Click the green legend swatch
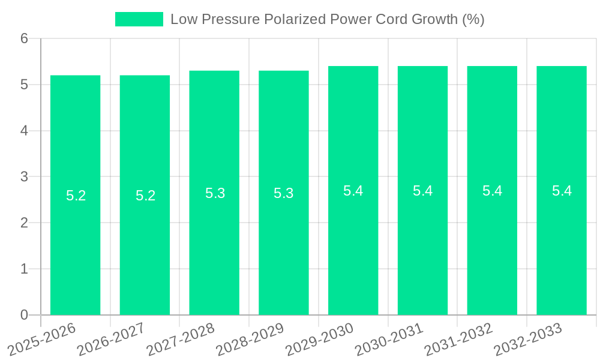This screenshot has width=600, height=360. [x=139, y=19]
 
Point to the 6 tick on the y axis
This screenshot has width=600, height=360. [x=24, y=38]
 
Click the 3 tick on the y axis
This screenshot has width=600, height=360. [x=24, y=176]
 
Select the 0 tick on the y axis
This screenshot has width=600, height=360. [x=24, y=315]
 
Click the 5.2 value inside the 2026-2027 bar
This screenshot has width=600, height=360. [x=145, y=196]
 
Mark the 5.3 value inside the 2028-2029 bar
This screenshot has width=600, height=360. [x=284, y=193]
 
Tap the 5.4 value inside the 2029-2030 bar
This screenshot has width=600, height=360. [x=353, y=191]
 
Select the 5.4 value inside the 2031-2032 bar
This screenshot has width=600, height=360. [x=492, y=191]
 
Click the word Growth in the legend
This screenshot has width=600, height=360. [x=435, y=19]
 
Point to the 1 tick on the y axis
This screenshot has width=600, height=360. [x=24, y=269]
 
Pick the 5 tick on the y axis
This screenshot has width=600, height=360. [x=24, y=85]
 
